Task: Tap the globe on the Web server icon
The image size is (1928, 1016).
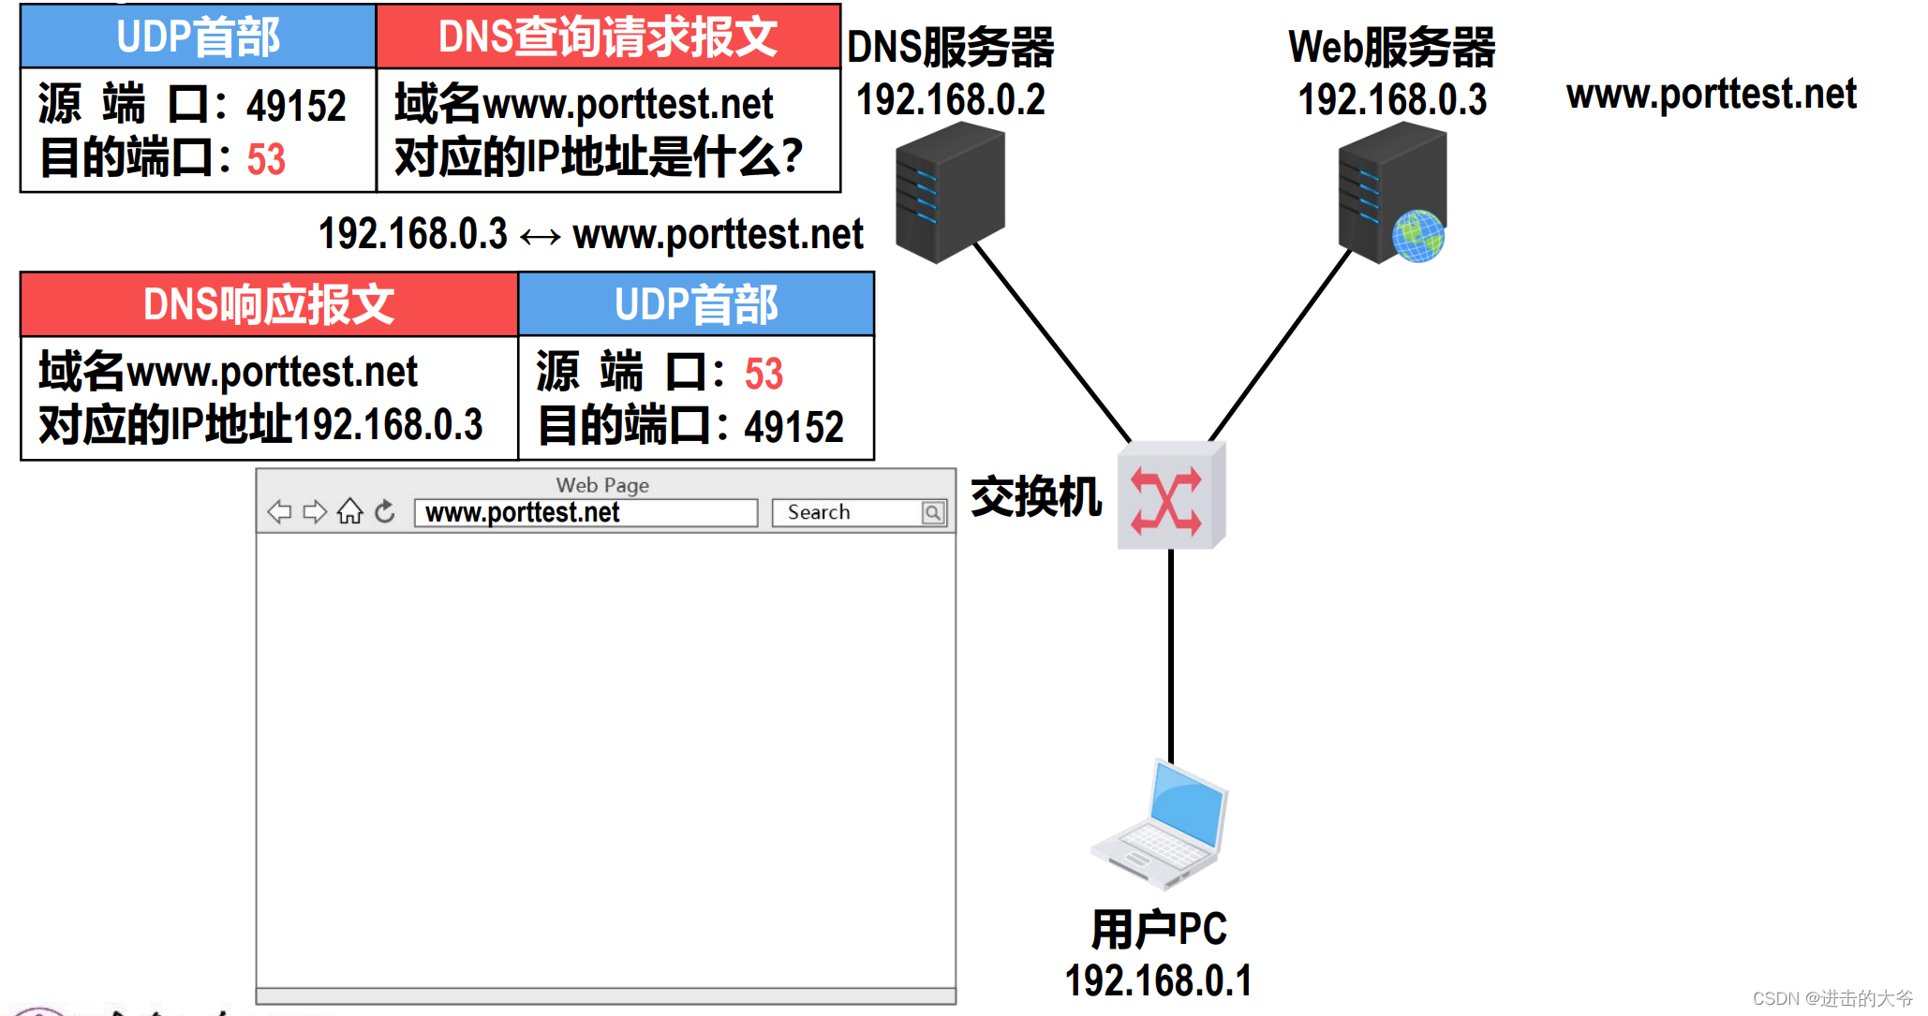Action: point(1417,236)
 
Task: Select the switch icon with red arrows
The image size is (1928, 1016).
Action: point(1169,496)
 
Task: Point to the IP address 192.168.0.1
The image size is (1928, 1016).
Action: point(1158,981)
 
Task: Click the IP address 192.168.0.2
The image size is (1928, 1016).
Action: point(950,99)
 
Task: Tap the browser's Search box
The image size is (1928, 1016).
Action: point(848,512)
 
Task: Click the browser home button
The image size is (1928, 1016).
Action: point(349,512)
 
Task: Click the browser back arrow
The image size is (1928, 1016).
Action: point(279,512)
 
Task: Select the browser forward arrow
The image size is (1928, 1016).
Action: point(315,512)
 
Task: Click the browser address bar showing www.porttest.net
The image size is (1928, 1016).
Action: point(586,512)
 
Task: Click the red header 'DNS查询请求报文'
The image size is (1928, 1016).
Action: point(608,37)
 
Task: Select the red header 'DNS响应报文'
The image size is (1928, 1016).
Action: point(269,305)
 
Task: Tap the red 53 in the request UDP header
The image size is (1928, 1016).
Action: point(266,159)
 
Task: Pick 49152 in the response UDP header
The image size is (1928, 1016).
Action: point(793,427)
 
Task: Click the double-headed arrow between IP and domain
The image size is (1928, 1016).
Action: point(541,236)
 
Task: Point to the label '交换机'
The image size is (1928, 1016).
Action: point(1035,496)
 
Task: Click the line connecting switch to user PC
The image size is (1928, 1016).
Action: point(1170,655)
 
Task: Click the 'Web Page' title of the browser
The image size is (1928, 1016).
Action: point(602,485)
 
